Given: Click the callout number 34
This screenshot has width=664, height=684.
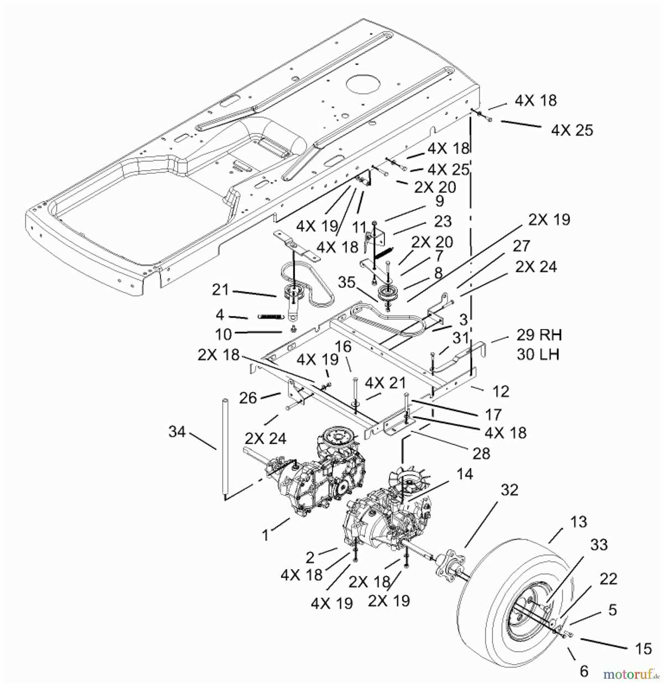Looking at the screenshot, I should [178, 431].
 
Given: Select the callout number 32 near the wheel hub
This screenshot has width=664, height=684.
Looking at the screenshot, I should [510, 490].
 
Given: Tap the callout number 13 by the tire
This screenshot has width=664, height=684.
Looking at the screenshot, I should [579, 521].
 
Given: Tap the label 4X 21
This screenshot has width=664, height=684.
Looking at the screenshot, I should [386, 383].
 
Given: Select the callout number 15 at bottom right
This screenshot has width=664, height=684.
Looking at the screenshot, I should [643, 648].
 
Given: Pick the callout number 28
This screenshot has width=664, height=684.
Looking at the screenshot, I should [481, 453].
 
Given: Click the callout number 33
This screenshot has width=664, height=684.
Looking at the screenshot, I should [599, 545].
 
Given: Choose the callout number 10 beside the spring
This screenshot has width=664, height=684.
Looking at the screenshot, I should [224, 333].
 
